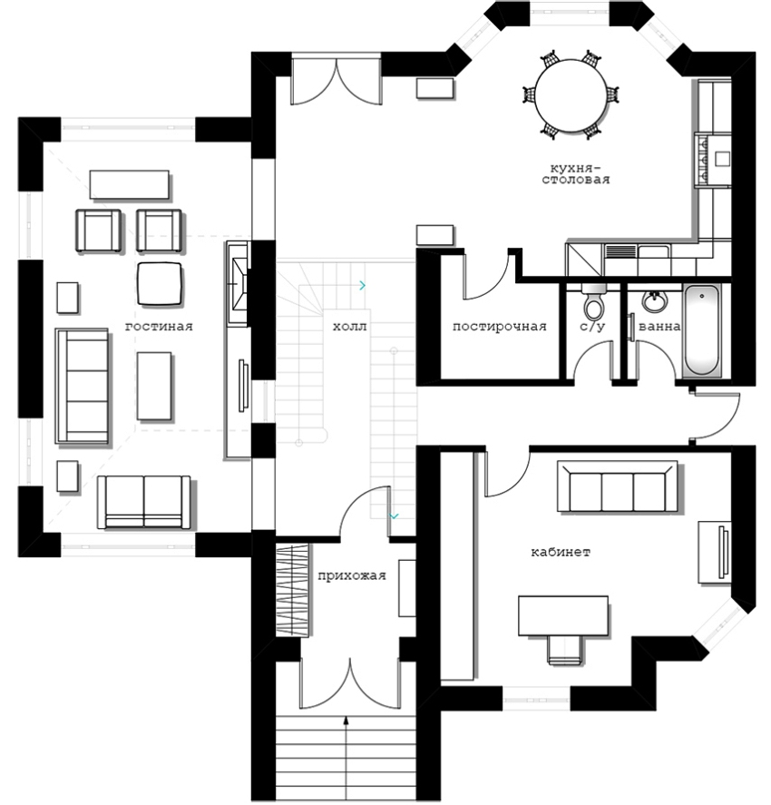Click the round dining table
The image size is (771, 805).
pos(571,96)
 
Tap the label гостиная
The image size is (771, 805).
pos(159,327)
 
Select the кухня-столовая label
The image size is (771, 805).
pos(576,174)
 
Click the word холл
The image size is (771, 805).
pos(350,327)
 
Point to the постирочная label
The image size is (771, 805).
pos(500,327)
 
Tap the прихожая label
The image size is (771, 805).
pos(351,576)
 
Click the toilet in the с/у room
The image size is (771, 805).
pos(594,302)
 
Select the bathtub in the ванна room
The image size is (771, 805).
pos(702,330)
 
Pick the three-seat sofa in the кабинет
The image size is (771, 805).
pos(617,486)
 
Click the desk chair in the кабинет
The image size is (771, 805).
pos(565,650)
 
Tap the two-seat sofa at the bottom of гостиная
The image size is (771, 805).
pos(144,502)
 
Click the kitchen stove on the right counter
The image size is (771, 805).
pos(712,159)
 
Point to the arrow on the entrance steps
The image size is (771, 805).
pos(346,759)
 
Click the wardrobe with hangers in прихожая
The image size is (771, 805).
pos(293,591)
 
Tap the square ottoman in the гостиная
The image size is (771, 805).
pos(160,284)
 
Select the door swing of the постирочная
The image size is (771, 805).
pos(484,276)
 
